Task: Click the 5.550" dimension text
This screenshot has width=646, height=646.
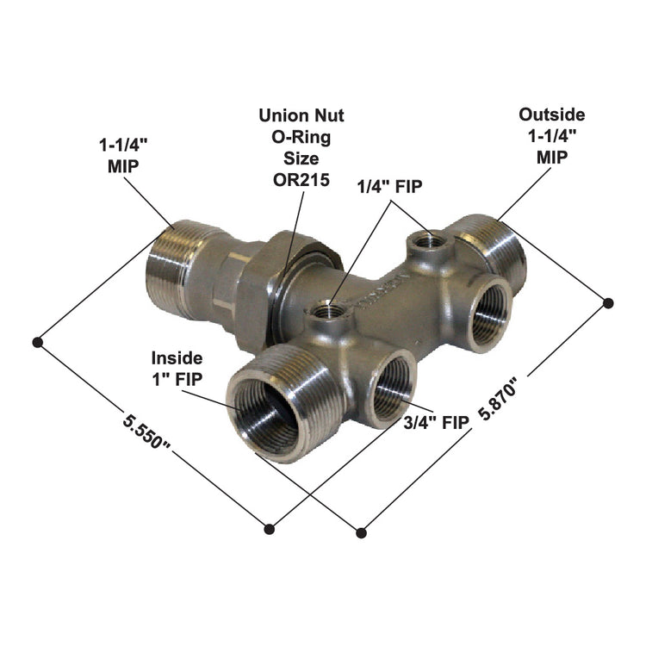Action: coord(147,436)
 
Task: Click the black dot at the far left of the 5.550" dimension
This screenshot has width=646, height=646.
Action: coord(38,342)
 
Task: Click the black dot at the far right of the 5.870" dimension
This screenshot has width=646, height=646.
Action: coord(608,302)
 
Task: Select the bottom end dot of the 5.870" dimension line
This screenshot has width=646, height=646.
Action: coord(360,529)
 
